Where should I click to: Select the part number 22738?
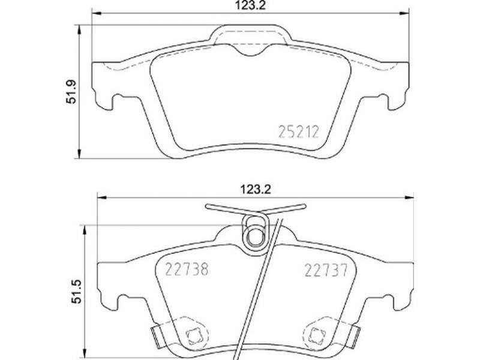click(x=187, y=269)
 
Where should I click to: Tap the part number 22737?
click(x=326, y=271)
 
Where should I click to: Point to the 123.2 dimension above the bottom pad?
click(x=256, y=190)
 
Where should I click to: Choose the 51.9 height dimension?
click(x=71, y=92)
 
